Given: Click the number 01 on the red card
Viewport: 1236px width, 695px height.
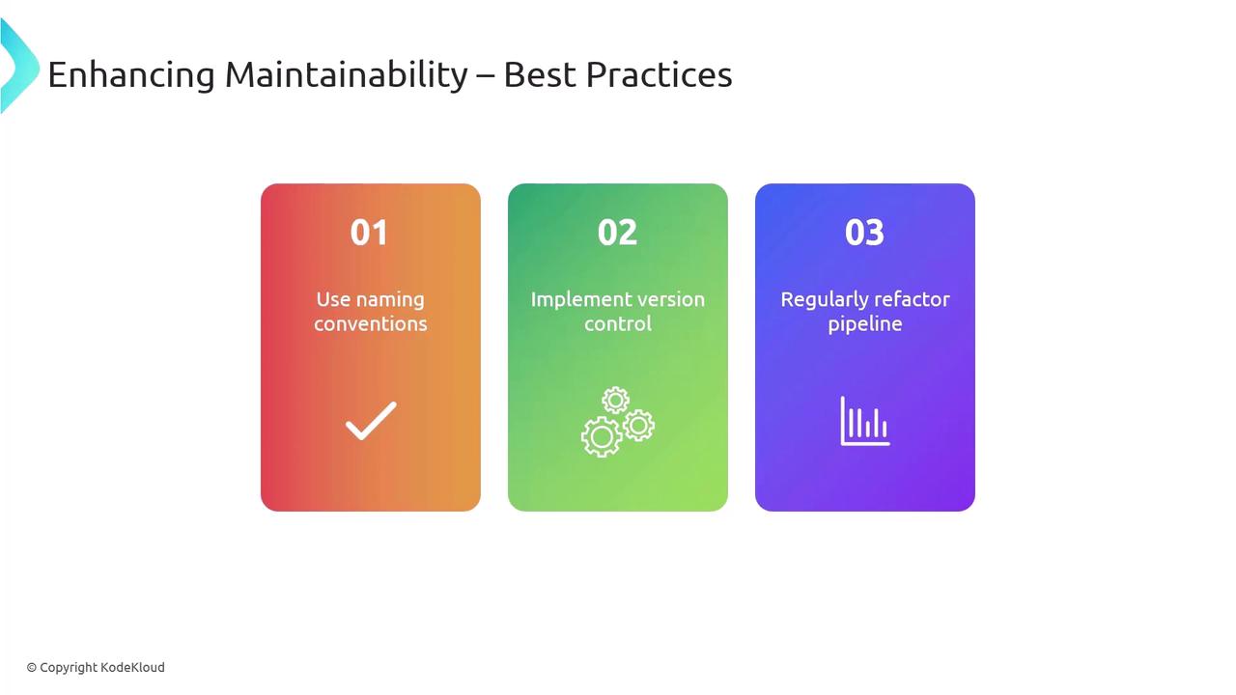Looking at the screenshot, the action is pyautogui.click(x=369, y=233).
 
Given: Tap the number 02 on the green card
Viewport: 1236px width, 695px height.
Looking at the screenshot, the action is pyautogui.click(x=617, y=233).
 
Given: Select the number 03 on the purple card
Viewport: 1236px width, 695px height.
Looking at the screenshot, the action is pyautogui.click(x=864, y=233).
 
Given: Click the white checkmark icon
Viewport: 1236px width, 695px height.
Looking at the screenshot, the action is pyautogui.click(x=371, y=421).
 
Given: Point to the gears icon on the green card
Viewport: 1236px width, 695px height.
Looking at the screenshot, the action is pyautogui.click(x=617, y=422).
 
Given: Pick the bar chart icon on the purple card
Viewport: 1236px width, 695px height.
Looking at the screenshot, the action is pyautogui.click(x=865, y=421).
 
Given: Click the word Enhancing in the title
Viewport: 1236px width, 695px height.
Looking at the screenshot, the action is pyautogui.click(x=131, y=75).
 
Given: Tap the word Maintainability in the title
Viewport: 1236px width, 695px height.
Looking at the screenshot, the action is pyautogui.click(x=347, y=75).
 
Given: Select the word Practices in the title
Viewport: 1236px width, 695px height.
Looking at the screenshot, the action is pyautogui.click(x=659, y=74).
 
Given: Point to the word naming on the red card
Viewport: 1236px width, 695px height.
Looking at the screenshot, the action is pyautogui.click(x=390, y=300).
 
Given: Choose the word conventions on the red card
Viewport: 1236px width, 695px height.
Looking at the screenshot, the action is pyautogui.click(x=371, y=323).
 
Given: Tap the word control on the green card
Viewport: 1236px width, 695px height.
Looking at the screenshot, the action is pyautogui.click(x=618, y=323).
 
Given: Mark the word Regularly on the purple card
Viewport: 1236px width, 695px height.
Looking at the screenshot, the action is pyautogui.click(x=818, y=300).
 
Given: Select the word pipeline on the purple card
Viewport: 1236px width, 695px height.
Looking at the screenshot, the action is pyautogui.click(x=865, y=324).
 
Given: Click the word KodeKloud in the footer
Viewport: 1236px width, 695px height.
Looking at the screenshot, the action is pyautogui.click(x=132, y=667).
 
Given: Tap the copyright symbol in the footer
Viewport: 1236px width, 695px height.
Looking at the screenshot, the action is pyautogui.click(x=32, y=668).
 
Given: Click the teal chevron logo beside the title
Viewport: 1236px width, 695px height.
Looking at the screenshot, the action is pyautogui.click(x=20, y=67).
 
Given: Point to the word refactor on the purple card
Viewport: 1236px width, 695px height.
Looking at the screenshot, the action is pyautogui.click(x=906, y=299).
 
